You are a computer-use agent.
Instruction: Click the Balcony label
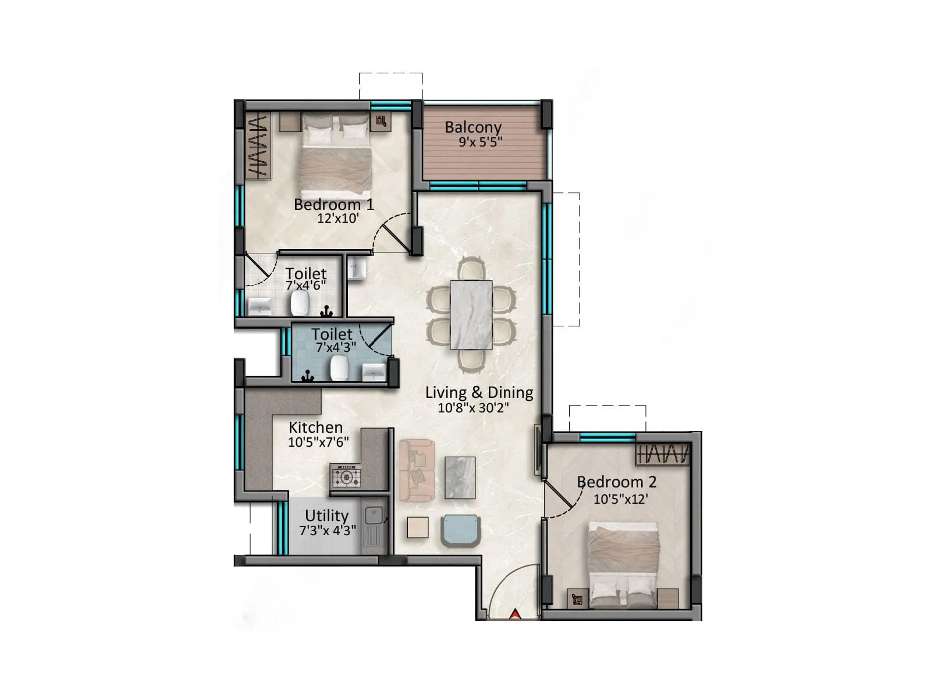pyautogui.click(x=472, y=127)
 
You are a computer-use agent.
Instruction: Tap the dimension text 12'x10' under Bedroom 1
pyautogui.click(x=337, y=219)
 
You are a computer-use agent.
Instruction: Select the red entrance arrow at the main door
pyautogui.click(x=515, y=614)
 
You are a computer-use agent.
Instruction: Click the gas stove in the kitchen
pyautogui.click(x=346, y=477)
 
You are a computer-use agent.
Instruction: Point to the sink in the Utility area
pyautogui.click(x=373, y=516)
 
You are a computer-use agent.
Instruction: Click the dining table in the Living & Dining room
pyautogui.click(x=471, y=315)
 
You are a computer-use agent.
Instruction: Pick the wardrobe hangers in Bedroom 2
pyautogui.click(x=663, y=454)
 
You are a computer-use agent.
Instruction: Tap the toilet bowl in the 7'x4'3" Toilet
pyautogui.click(x=339, y=368)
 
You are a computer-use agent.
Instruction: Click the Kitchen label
pyautogui.click(x=315, y=427)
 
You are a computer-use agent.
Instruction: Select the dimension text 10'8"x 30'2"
pyautogui.click(x=473, y=408)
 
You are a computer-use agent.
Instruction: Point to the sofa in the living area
pyautogui.click(x=417, y=470)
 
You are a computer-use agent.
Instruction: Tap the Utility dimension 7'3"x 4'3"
pyautogui.click(x=328, y=530)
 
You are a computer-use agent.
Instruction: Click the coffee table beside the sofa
pyautogui.click(x=460, y=478)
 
